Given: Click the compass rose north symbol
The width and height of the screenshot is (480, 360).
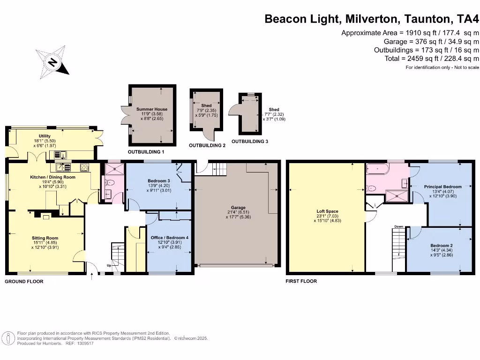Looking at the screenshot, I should point(52,61).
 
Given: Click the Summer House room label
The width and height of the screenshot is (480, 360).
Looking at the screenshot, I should point(152,109).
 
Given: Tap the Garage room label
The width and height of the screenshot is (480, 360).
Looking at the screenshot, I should point(238,208).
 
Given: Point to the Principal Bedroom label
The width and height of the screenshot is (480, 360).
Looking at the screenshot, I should point(443,187).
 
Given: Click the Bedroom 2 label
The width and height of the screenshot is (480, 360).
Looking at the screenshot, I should point(441,246).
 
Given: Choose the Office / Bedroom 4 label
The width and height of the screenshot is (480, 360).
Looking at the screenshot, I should point(169,238).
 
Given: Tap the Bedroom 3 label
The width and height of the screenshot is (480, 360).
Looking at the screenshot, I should point(158,181).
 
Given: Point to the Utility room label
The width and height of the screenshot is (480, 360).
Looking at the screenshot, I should point(45,136).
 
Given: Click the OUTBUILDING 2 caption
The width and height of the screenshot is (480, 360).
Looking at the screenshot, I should point(207,146).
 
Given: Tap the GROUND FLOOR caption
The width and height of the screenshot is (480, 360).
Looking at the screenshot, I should point(24,282).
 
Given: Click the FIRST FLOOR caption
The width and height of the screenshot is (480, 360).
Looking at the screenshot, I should point(301,281).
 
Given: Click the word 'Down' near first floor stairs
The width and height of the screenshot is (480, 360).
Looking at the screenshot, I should point(399,226).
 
